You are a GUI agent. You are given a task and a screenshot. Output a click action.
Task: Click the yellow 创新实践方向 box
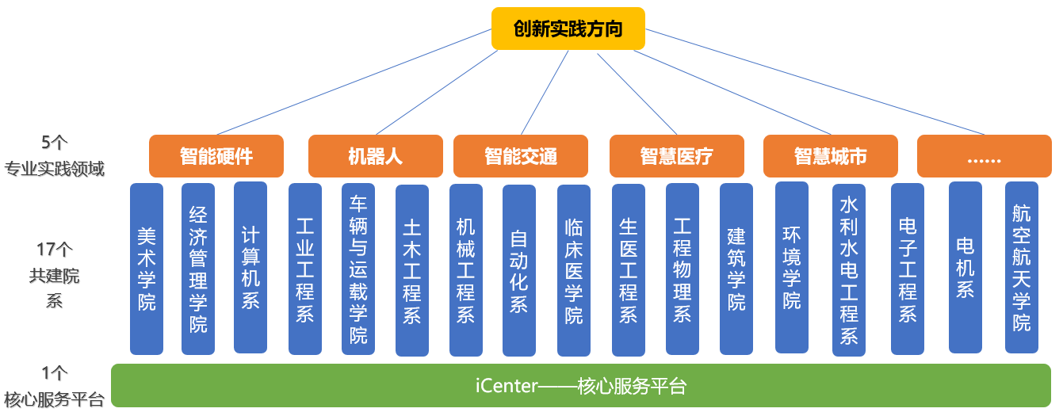pos(568,29)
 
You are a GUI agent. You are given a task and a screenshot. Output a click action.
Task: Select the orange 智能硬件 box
pos(216,156)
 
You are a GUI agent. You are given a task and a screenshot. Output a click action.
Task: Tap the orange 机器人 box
pos(376,156)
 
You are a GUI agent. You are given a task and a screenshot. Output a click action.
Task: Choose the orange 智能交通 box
pos(521,156)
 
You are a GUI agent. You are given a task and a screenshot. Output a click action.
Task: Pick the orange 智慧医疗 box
pos(677,156)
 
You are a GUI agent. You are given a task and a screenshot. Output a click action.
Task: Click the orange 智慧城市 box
pos(831,156)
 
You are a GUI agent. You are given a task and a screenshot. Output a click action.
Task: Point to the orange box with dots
pos(985,156)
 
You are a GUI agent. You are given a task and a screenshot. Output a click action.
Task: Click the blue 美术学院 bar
pos(147,269)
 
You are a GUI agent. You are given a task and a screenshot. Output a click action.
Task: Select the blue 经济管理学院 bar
pos(198,269)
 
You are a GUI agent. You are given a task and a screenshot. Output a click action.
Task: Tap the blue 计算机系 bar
pos(250,268)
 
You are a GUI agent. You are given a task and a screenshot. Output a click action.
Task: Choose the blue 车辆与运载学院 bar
pos(358,269)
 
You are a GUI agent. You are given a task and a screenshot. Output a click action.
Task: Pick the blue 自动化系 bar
pos(519,270)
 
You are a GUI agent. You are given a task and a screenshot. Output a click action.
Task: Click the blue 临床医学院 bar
pos(574,270)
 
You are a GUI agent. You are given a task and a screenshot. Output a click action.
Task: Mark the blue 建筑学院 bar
pos(736,269)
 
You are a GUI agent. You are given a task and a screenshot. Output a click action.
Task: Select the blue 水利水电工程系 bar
pos(849,270)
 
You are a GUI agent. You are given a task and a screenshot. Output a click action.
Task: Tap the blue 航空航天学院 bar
pos(1022,268)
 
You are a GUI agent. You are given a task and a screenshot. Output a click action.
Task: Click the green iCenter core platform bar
pos(581,386)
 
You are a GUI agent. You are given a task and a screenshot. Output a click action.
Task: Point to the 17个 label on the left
pos(55,249)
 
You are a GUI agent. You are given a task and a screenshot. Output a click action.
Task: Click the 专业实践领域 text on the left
pos(54,169)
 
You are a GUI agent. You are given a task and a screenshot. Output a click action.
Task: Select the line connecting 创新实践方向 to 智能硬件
pos(354,82)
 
